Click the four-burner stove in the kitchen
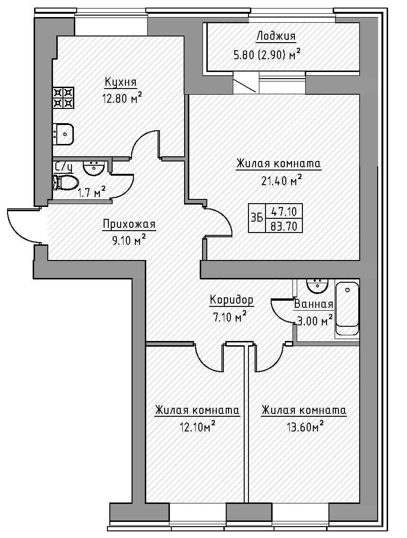coord(63,98)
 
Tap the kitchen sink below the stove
coord(63,134)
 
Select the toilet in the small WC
coord(65,182)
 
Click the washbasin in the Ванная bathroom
coord(317,286)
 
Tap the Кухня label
coord(121,82)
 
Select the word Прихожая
coord(129,225)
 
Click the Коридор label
coord(231,300)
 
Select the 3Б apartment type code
coord(257,218)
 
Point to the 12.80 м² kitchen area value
coord(122,99)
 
